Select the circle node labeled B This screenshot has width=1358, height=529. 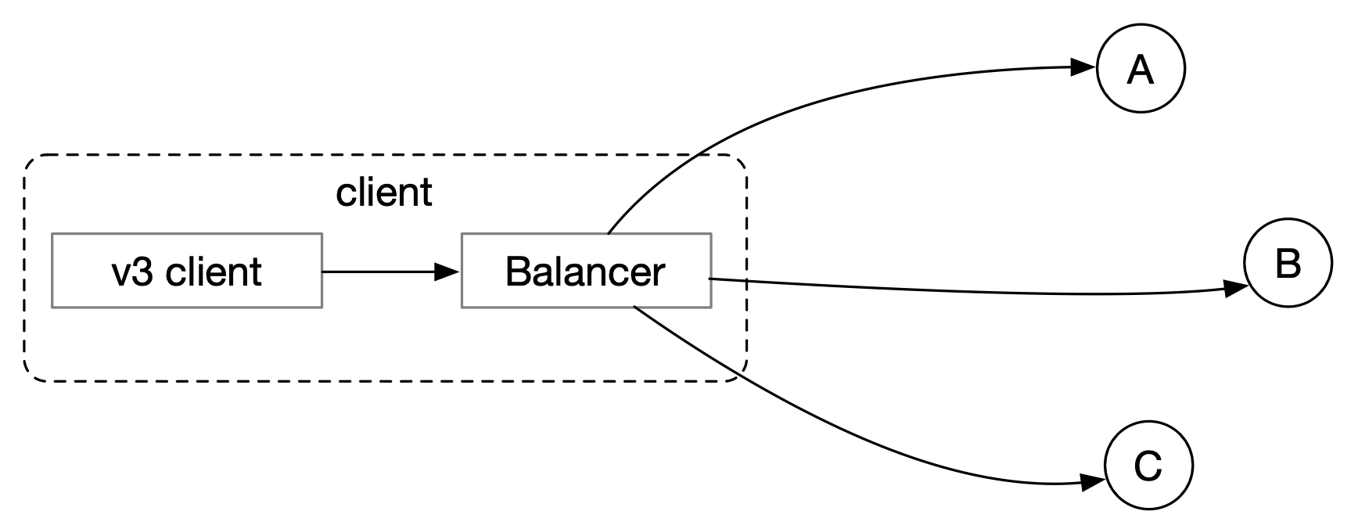coord(1287,263)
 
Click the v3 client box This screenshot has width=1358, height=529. coord(187,270)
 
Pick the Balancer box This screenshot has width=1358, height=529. coord(586,270)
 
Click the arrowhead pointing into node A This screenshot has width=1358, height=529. coord(1083,67)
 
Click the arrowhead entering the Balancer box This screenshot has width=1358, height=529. coord(446,272)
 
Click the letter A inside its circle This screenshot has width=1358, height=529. coord(1141,70)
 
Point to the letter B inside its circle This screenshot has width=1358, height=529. coord(1288,264)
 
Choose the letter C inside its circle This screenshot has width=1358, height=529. coord(1148,466)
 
